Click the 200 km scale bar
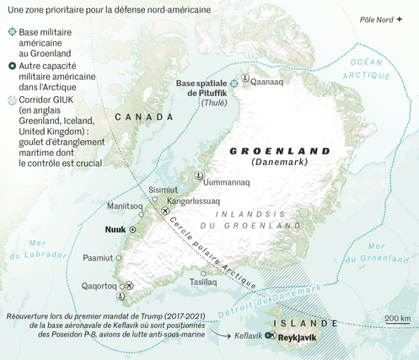397,322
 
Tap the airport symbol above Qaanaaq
244,77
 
